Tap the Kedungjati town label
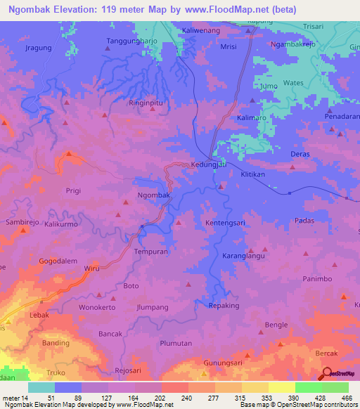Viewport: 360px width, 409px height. tap(209, 165)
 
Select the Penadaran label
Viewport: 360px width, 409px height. tap(342, 115)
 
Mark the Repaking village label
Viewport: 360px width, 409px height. tap(224, 306)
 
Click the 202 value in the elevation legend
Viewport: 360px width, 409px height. tap(174, 398)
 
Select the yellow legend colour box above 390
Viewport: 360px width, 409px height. tap(281, 387)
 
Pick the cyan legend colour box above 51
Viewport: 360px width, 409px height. tap(41, 387)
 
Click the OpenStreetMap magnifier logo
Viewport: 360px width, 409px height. tap(327, 375)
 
